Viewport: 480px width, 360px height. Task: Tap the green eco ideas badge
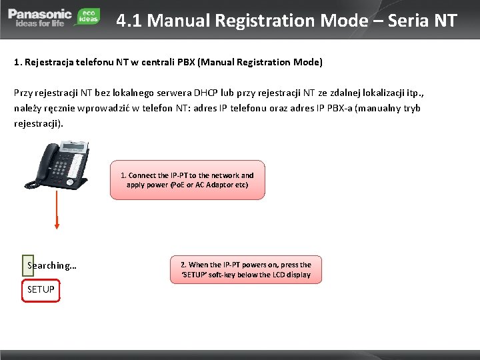tap(88, 16)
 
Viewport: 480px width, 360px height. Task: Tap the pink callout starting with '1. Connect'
tap(187, 180)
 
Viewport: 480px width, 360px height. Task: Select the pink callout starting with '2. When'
tap(241, 269)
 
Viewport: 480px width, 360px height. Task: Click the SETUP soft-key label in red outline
tap(41, 290)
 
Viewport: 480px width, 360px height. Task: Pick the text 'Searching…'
tap(51, 266)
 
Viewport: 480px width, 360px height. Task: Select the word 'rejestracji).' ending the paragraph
tap(39, 123)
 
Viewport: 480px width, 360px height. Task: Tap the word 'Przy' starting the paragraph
tap(24, 91)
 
